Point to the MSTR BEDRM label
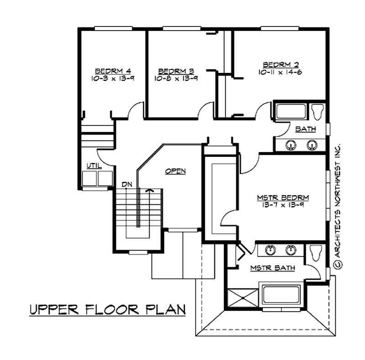[x=283, y=198]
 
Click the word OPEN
[x=175, y=171]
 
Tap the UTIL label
[x=94, y=166]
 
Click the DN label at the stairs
[x=127, y=184]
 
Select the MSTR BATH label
[x=272, y=268]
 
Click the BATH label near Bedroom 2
[x=305, y=129]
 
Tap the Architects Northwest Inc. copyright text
[x=338, y=205]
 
